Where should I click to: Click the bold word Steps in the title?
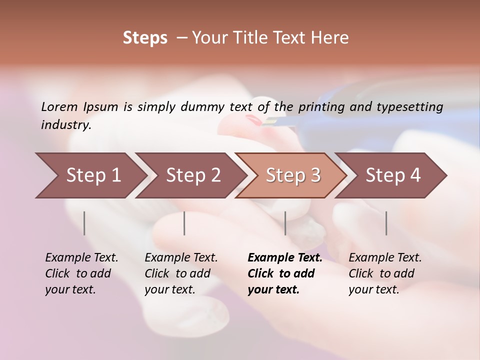[145, 38]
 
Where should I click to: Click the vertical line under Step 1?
[84, 223]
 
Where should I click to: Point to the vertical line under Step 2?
[184, 223]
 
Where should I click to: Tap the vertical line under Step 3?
[285, 223]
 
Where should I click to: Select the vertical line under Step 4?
[386, 223]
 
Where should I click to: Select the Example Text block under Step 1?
[81, 273]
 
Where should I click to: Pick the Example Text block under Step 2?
[180, 273]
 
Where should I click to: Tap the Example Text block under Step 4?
[384, 273]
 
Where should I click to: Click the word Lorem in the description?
[59, 106]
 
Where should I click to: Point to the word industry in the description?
[66, 125]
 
